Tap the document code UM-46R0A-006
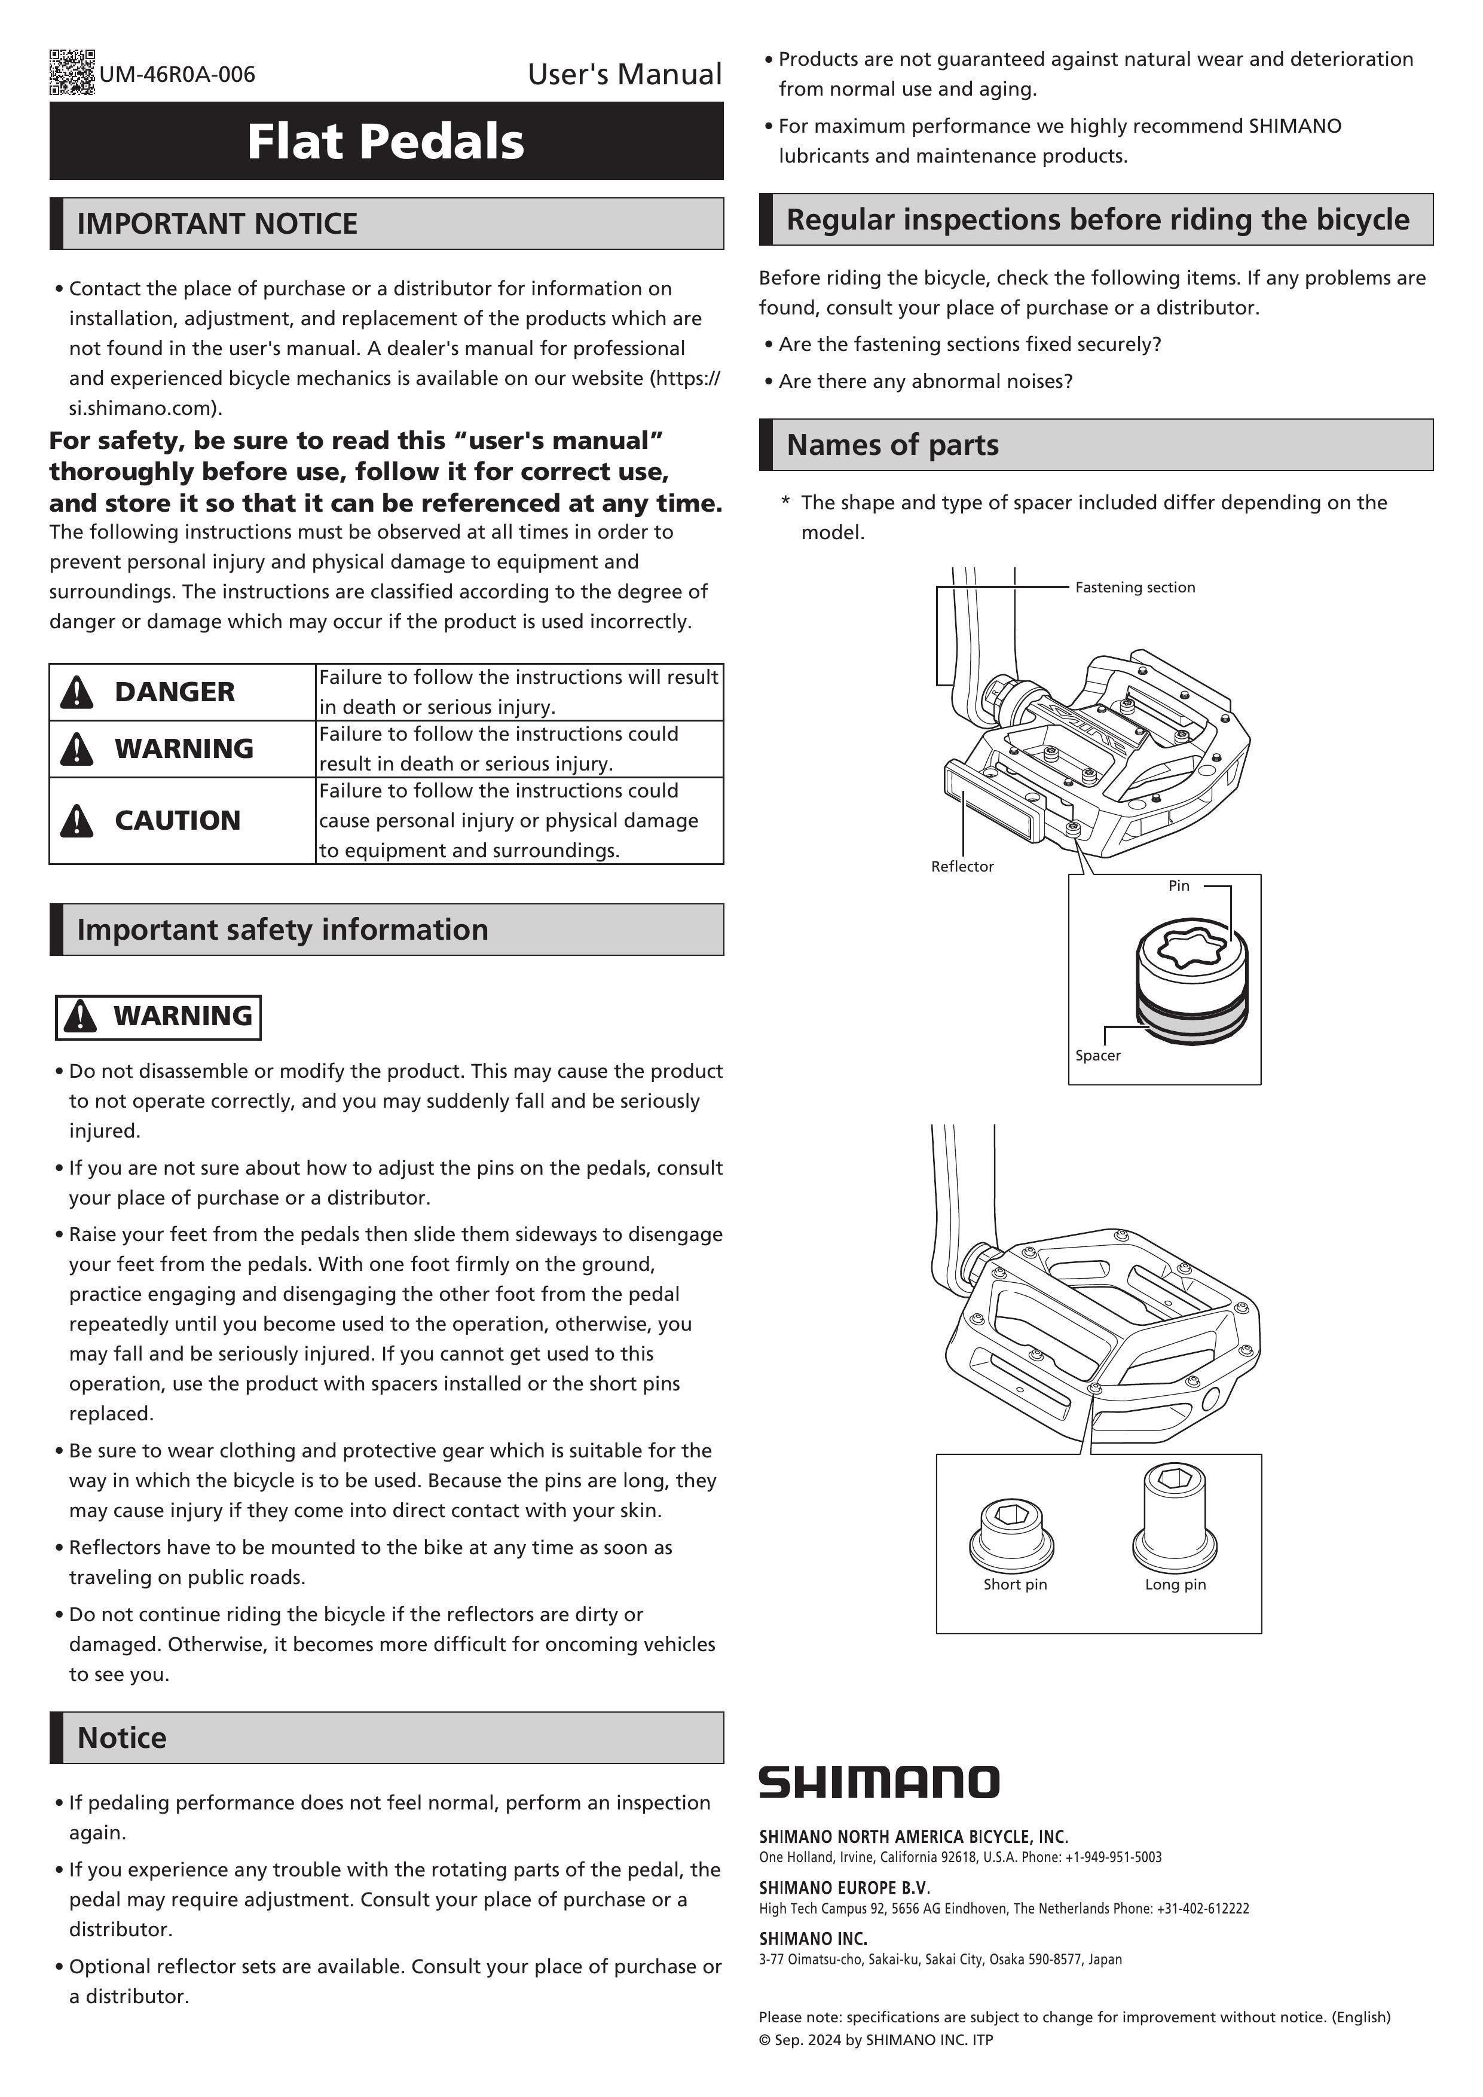177,75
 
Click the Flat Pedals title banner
386,142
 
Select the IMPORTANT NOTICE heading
218,224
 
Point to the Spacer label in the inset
1097,1055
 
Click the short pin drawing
1012,1532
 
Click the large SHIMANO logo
879,1782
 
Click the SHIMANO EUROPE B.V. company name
844,1887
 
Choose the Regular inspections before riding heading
1097,220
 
